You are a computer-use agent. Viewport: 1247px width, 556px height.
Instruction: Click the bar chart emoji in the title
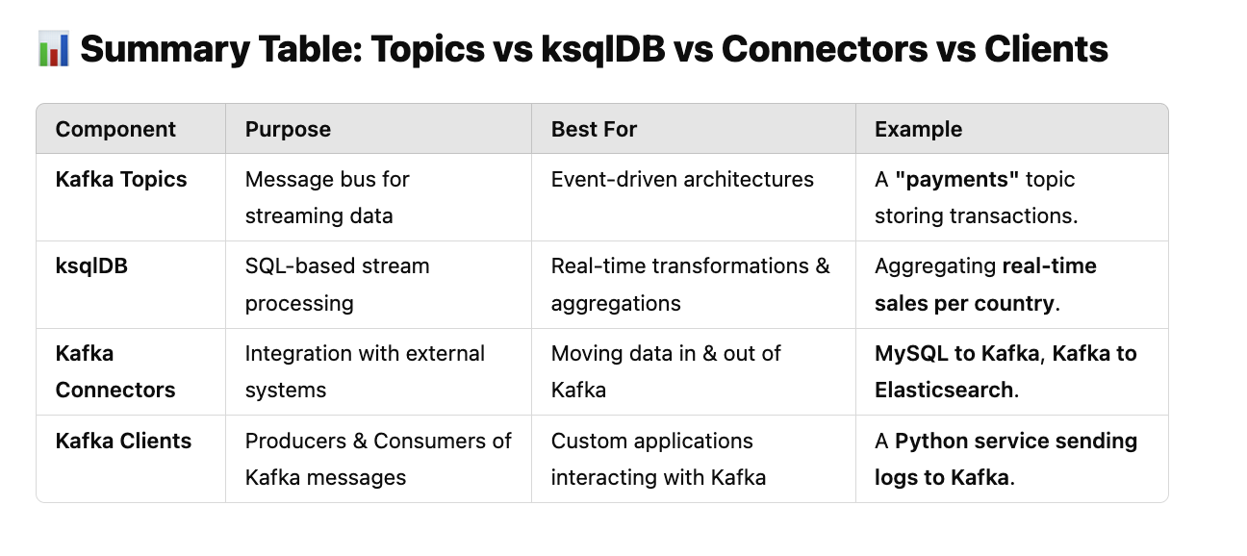54,49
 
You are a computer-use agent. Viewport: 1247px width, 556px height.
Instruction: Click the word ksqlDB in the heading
603,49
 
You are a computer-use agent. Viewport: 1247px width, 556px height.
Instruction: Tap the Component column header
115,129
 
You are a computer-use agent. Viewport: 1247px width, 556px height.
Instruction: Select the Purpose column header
288,129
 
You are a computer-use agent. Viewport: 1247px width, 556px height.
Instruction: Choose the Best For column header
594,129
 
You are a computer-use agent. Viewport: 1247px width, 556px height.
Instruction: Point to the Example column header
918,129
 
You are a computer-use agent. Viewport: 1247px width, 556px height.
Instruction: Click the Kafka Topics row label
121,179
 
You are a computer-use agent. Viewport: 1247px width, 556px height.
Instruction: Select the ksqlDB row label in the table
91,266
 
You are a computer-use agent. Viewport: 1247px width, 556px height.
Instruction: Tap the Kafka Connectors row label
115,371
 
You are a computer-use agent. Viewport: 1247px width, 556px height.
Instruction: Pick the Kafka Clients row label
123,441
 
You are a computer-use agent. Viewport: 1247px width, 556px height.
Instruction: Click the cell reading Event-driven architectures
682,179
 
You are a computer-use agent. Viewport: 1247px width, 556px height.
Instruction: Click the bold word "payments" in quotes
957,179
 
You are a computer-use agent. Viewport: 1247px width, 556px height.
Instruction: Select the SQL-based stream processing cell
337,285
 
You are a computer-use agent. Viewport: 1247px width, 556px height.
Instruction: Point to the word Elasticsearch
944,390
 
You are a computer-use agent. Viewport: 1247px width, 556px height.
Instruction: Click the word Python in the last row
931,442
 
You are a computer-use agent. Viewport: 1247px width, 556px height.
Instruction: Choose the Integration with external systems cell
365,371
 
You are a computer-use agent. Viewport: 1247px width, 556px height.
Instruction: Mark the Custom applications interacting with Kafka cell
658,459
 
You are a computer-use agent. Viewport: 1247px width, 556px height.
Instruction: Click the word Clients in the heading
1046,49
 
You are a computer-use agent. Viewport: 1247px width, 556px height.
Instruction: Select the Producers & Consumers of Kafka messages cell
378,459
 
